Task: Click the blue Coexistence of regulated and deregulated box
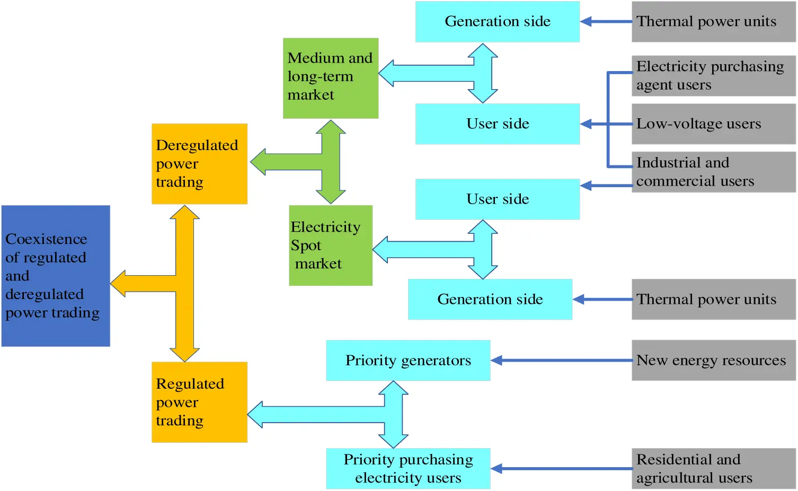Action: coord(56,276)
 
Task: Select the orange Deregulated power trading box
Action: coord(199,164)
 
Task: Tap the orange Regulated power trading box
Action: coord(199,402)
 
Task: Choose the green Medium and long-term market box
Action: coord(331,78)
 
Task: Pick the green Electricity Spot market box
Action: coord(331,245)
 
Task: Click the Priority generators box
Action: coord(408,361)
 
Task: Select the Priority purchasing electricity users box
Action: coord(408,469)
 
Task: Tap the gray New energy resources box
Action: coord(713,361)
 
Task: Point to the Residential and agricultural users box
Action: coord(713,469)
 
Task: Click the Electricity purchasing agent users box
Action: coord(713,76)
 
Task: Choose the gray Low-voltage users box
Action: coord(713,124)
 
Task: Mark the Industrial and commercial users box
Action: coord(713,172)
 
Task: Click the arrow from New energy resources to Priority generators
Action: coord(562,361)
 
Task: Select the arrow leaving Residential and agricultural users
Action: coord(562,469)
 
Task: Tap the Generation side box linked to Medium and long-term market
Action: coord(497,22)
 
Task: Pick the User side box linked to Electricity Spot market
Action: coord(497,199)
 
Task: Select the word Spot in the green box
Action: coord(306,245)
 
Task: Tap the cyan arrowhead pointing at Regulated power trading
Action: coord(256,414)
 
